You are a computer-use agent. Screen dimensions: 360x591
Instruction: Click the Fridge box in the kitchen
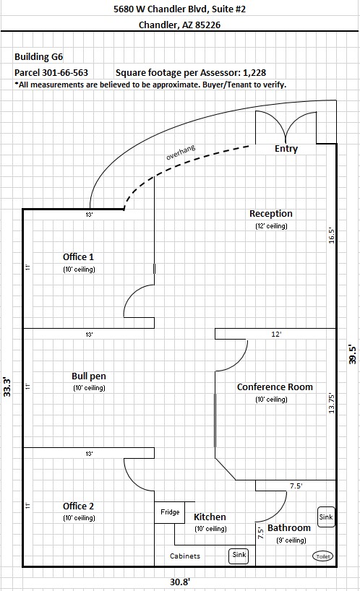pos(170,512)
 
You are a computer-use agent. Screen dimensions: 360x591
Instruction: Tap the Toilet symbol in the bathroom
pos(322,556)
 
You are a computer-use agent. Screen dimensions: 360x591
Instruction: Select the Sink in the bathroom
pos(326,517)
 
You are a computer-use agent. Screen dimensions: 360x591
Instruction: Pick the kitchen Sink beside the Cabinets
pos(239,555)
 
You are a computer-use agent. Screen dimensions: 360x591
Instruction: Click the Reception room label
pos(270,214)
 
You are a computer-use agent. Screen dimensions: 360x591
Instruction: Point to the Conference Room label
pos(275,387)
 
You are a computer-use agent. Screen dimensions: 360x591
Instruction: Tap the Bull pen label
pos(89,376)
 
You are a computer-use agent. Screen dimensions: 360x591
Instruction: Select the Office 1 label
pos(78,257)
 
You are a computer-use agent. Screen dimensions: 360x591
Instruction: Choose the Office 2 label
pos(78,506)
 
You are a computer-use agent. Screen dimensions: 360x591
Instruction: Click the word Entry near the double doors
pos(286,149)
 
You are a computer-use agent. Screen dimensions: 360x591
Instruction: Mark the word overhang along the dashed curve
pos(181,152)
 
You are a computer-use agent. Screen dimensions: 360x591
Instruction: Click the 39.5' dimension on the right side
pos(353,354)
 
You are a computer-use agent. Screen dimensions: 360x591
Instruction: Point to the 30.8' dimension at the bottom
pos(179,582)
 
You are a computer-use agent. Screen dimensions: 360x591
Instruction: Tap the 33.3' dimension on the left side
pos(7,387)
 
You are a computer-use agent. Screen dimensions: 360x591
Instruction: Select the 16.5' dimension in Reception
pos(332,236)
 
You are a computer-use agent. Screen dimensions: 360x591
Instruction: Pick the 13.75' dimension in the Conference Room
pos(332,403)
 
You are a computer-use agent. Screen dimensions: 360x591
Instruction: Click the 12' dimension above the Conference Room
pos(276,335)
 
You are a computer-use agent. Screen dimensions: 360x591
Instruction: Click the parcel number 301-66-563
pos(64,73)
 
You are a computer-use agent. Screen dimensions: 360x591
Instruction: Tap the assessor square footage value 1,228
pos(254,73)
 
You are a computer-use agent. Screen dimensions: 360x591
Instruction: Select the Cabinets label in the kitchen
pos(185,556)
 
